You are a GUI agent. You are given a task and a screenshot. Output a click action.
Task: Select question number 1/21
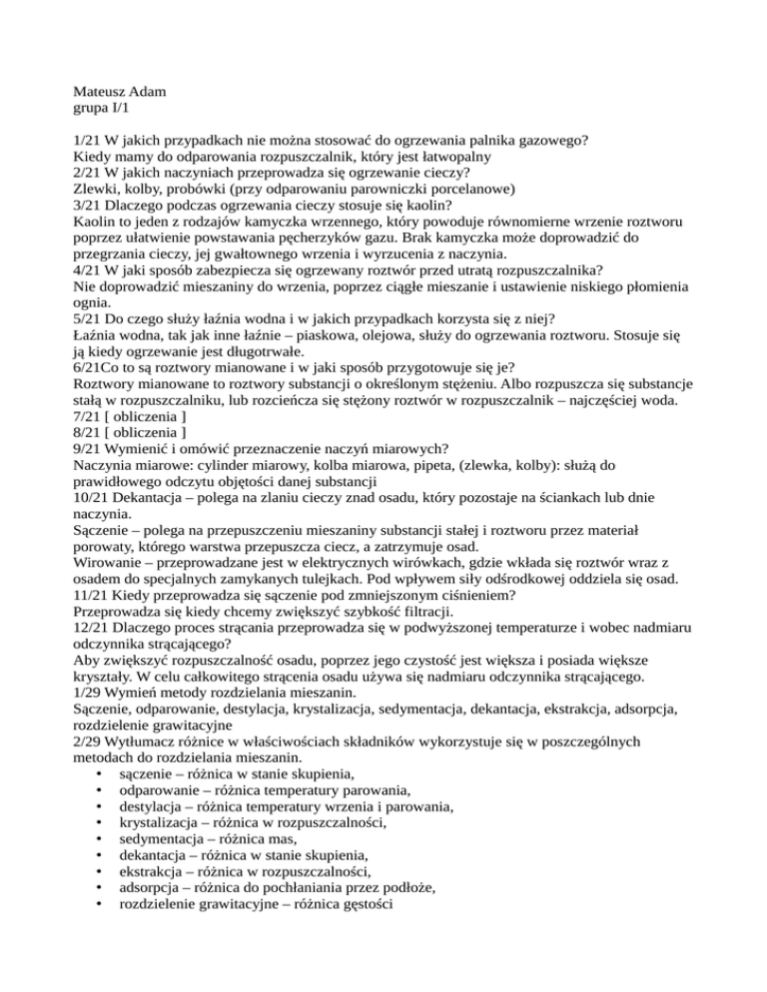click(91, 141)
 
